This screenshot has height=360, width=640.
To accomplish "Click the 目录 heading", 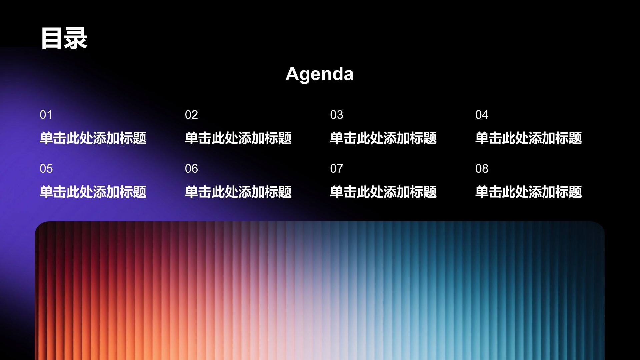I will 64,38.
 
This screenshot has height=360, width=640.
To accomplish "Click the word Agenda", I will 319,74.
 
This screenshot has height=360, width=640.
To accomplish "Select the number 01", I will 46,115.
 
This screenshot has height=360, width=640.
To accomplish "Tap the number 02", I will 191,115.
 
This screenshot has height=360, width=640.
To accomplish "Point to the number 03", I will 337,115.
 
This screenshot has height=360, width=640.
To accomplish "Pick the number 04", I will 482,115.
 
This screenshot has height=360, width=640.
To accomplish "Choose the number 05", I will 46,169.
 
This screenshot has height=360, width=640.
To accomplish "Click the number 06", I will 191,169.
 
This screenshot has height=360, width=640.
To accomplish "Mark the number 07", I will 337,169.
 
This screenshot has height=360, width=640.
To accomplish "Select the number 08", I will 482,169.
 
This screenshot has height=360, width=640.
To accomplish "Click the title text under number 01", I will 93,138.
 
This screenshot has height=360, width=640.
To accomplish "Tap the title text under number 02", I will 238,138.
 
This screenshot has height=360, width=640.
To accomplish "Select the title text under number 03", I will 383,138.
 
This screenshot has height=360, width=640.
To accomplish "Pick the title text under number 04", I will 529,138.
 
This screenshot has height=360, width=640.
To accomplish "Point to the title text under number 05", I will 93,192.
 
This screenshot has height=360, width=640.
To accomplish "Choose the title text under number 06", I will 238,192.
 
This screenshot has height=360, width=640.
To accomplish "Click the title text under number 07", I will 383,192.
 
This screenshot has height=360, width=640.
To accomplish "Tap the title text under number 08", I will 529,192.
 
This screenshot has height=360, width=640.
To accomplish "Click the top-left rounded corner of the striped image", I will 39,226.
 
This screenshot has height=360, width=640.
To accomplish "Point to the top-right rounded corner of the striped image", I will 600,226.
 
